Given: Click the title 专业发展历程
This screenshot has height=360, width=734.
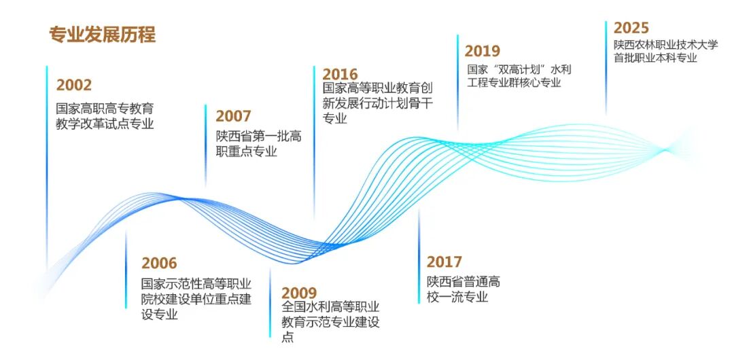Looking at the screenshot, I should point(103,35).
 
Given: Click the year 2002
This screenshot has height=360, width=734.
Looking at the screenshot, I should point(74,86).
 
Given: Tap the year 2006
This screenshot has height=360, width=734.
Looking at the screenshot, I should point(159,264).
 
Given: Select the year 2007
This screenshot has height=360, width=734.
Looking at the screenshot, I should point(233,116).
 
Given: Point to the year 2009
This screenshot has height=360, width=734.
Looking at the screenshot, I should point(299,293).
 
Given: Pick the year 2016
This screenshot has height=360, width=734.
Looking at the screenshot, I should point(340,73).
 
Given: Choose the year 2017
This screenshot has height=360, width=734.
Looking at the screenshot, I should point(444,262).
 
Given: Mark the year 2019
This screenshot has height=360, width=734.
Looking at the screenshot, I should point(482,51).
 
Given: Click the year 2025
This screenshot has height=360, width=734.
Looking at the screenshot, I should point(631,28).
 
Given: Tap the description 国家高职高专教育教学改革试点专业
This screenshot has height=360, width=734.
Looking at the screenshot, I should point(105,115).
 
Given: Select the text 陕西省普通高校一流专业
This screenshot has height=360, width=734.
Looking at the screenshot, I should point(463,289).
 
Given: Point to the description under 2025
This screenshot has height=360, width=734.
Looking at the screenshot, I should point(665,52).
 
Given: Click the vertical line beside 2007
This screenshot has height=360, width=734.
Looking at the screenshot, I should point(205,146).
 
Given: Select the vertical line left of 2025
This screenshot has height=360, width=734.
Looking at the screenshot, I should point(606,68).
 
